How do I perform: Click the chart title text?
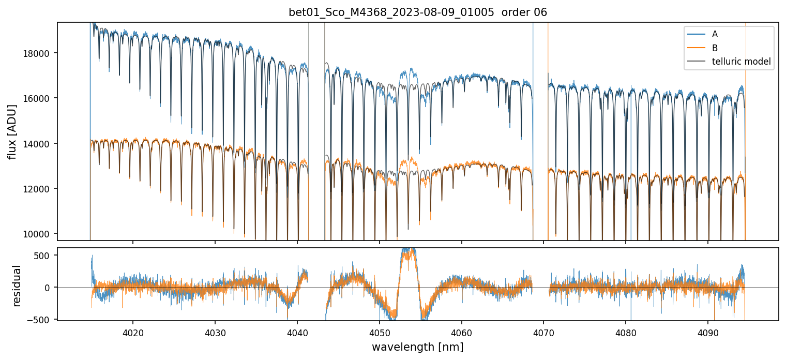point(418,12)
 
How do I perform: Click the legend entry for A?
point(715,34)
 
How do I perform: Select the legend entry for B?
point(715,48)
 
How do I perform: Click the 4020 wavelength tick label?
point(133,332)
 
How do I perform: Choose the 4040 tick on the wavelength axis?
point(297,332)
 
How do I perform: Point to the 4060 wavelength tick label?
point(461,332)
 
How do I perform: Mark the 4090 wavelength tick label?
point(707,332)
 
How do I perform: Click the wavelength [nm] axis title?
point(418,347)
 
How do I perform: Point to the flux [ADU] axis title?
point(12,131)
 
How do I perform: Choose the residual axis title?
point(17,286)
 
